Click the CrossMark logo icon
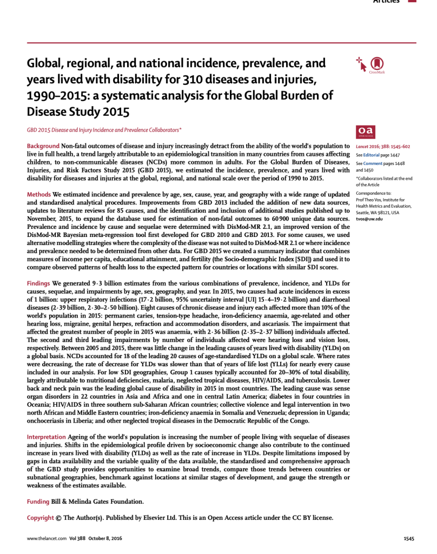point(376,64)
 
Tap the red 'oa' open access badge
point(365,131)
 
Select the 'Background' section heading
point(43,147)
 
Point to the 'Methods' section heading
point(39,194)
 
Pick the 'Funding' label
point(38,501)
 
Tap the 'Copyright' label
point(41,518)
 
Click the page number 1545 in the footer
point(409,539)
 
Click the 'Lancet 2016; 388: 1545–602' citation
point(383,147)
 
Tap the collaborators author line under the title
point(104,130)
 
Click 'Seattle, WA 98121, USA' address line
point(378,212)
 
